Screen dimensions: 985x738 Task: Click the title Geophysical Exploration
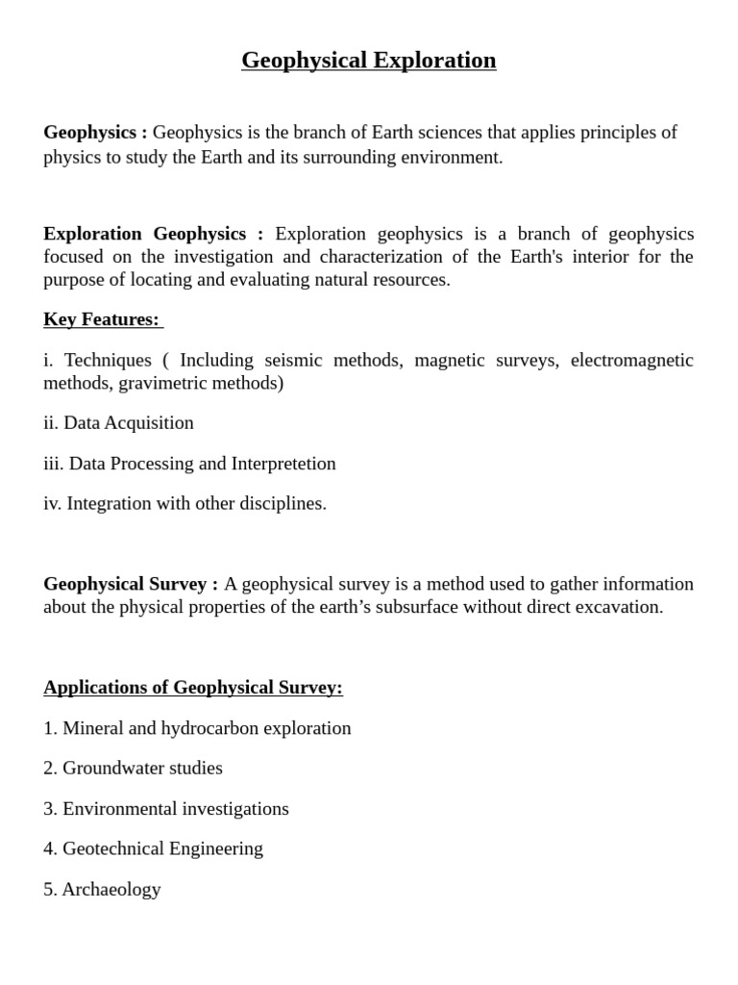pos(368,61)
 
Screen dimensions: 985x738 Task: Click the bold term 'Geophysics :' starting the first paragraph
pos(95,133)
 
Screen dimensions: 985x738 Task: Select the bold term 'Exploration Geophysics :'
pos(153,234)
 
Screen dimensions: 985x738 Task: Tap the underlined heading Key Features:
pos(103,319)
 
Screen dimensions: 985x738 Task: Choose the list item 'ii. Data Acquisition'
pos(118,423)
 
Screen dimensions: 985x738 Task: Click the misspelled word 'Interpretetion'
pos(283,464)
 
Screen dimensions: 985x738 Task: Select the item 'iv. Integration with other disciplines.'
pos(184,504)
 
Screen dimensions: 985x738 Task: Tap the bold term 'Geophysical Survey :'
pos(131,584)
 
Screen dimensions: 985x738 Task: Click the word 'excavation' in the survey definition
pos(619,607)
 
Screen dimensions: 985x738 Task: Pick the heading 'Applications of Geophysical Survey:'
pos(192,688)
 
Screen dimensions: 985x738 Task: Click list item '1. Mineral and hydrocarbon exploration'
pos(197,728)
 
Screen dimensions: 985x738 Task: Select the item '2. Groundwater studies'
pos(133,769)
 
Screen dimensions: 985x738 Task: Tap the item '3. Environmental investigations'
pos(166,809)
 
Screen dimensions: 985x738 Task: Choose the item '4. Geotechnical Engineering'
pos(153,849)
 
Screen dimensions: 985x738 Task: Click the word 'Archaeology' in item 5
pos(111,890)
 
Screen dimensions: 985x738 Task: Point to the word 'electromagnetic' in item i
pos(631,360)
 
